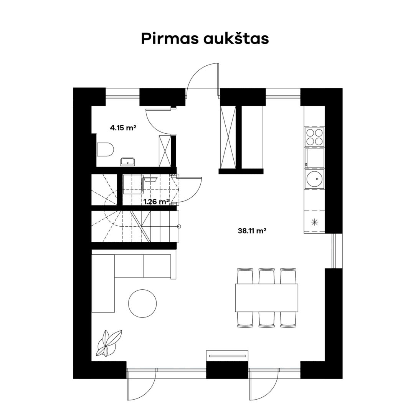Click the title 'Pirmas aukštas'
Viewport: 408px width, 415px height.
point(205,39)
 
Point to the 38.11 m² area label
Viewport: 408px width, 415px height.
point(252,231)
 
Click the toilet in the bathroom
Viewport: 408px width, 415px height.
point(105,149)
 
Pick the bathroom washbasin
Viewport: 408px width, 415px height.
point(127,162)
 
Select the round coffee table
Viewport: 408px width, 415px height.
point(142,303)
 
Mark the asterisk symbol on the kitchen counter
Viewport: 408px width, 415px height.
point(314,222)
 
